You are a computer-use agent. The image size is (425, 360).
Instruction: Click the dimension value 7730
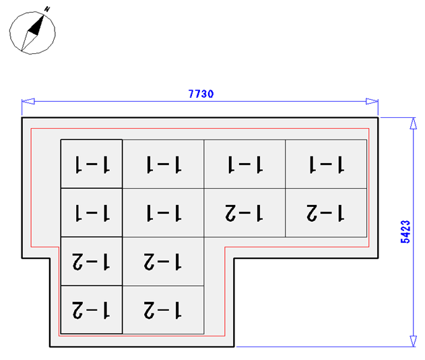click(201, 94)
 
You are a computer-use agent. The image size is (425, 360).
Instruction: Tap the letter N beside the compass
click(47, 9)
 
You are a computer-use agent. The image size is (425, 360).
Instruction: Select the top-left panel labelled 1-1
click(92, 164)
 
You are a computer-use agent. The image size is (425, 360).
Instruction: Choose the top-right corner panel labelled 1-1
click(326, 164)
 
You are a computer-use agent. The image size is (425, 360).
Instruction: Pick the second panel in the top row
click(163, 164)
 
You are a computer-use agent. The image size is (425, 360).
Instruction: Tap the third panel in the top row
click(244, 164)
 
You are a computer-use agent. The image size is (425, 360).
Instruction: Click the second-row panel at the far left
click(92, 213)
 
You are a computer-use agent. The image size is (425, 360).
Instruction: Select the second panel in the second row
click(163, 213)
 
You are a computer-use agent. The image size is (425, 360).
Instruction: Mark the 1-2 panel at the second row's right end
click(326, 213)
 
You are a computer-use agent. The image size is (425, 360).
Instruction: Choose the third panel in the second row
click(244, 213)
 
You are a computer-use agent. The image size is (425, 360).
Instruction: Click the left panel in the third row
click(92, 262)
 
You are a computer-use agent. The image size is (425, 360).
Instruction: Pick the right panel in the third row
click(163, 262)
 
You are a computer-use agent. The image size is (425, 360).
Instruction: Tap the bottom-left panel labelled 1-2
click(92, 310)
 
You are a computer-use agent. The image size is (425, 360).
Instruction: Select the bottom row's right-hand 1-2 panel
click(163, 310)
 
